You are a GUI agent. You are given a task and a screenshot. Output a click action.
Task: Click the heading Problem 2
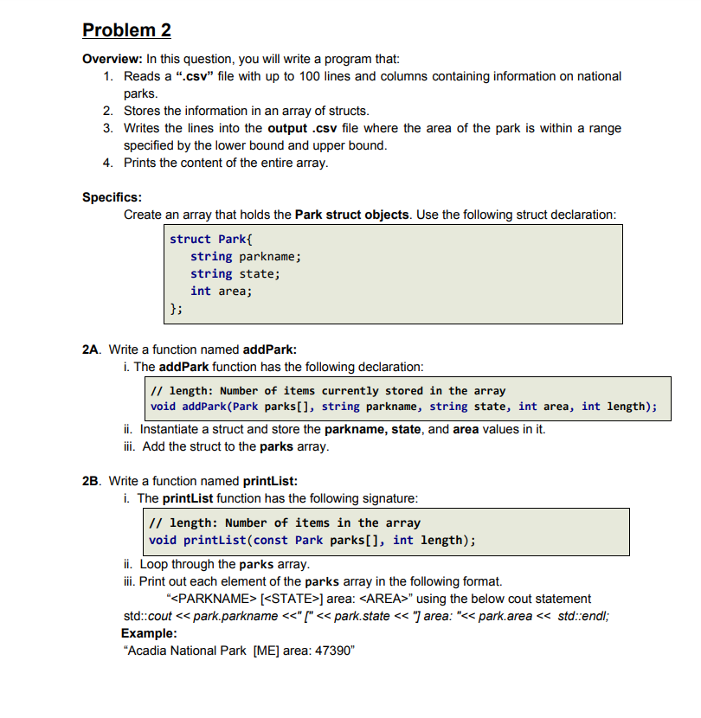point(126,30)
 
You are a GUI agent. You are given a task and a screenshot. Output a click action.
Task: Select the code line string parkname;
point(245,256)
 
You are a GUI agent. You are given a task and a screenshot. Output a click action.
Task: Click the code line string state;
point(235,273)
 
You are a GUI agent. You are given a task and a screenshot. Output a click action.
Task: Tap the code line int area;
point(221,291)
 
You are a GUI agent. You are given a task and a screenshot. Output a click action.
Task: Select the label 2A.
point(91,349)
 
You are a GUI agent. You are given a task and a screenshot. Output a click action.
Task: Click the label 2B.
point(91,481)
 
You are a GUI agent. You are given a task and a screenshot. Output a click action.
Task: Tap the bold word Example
point(148,632)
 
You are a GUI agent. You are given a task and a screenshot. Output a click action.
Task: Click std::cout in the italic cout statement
point(148,615)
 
